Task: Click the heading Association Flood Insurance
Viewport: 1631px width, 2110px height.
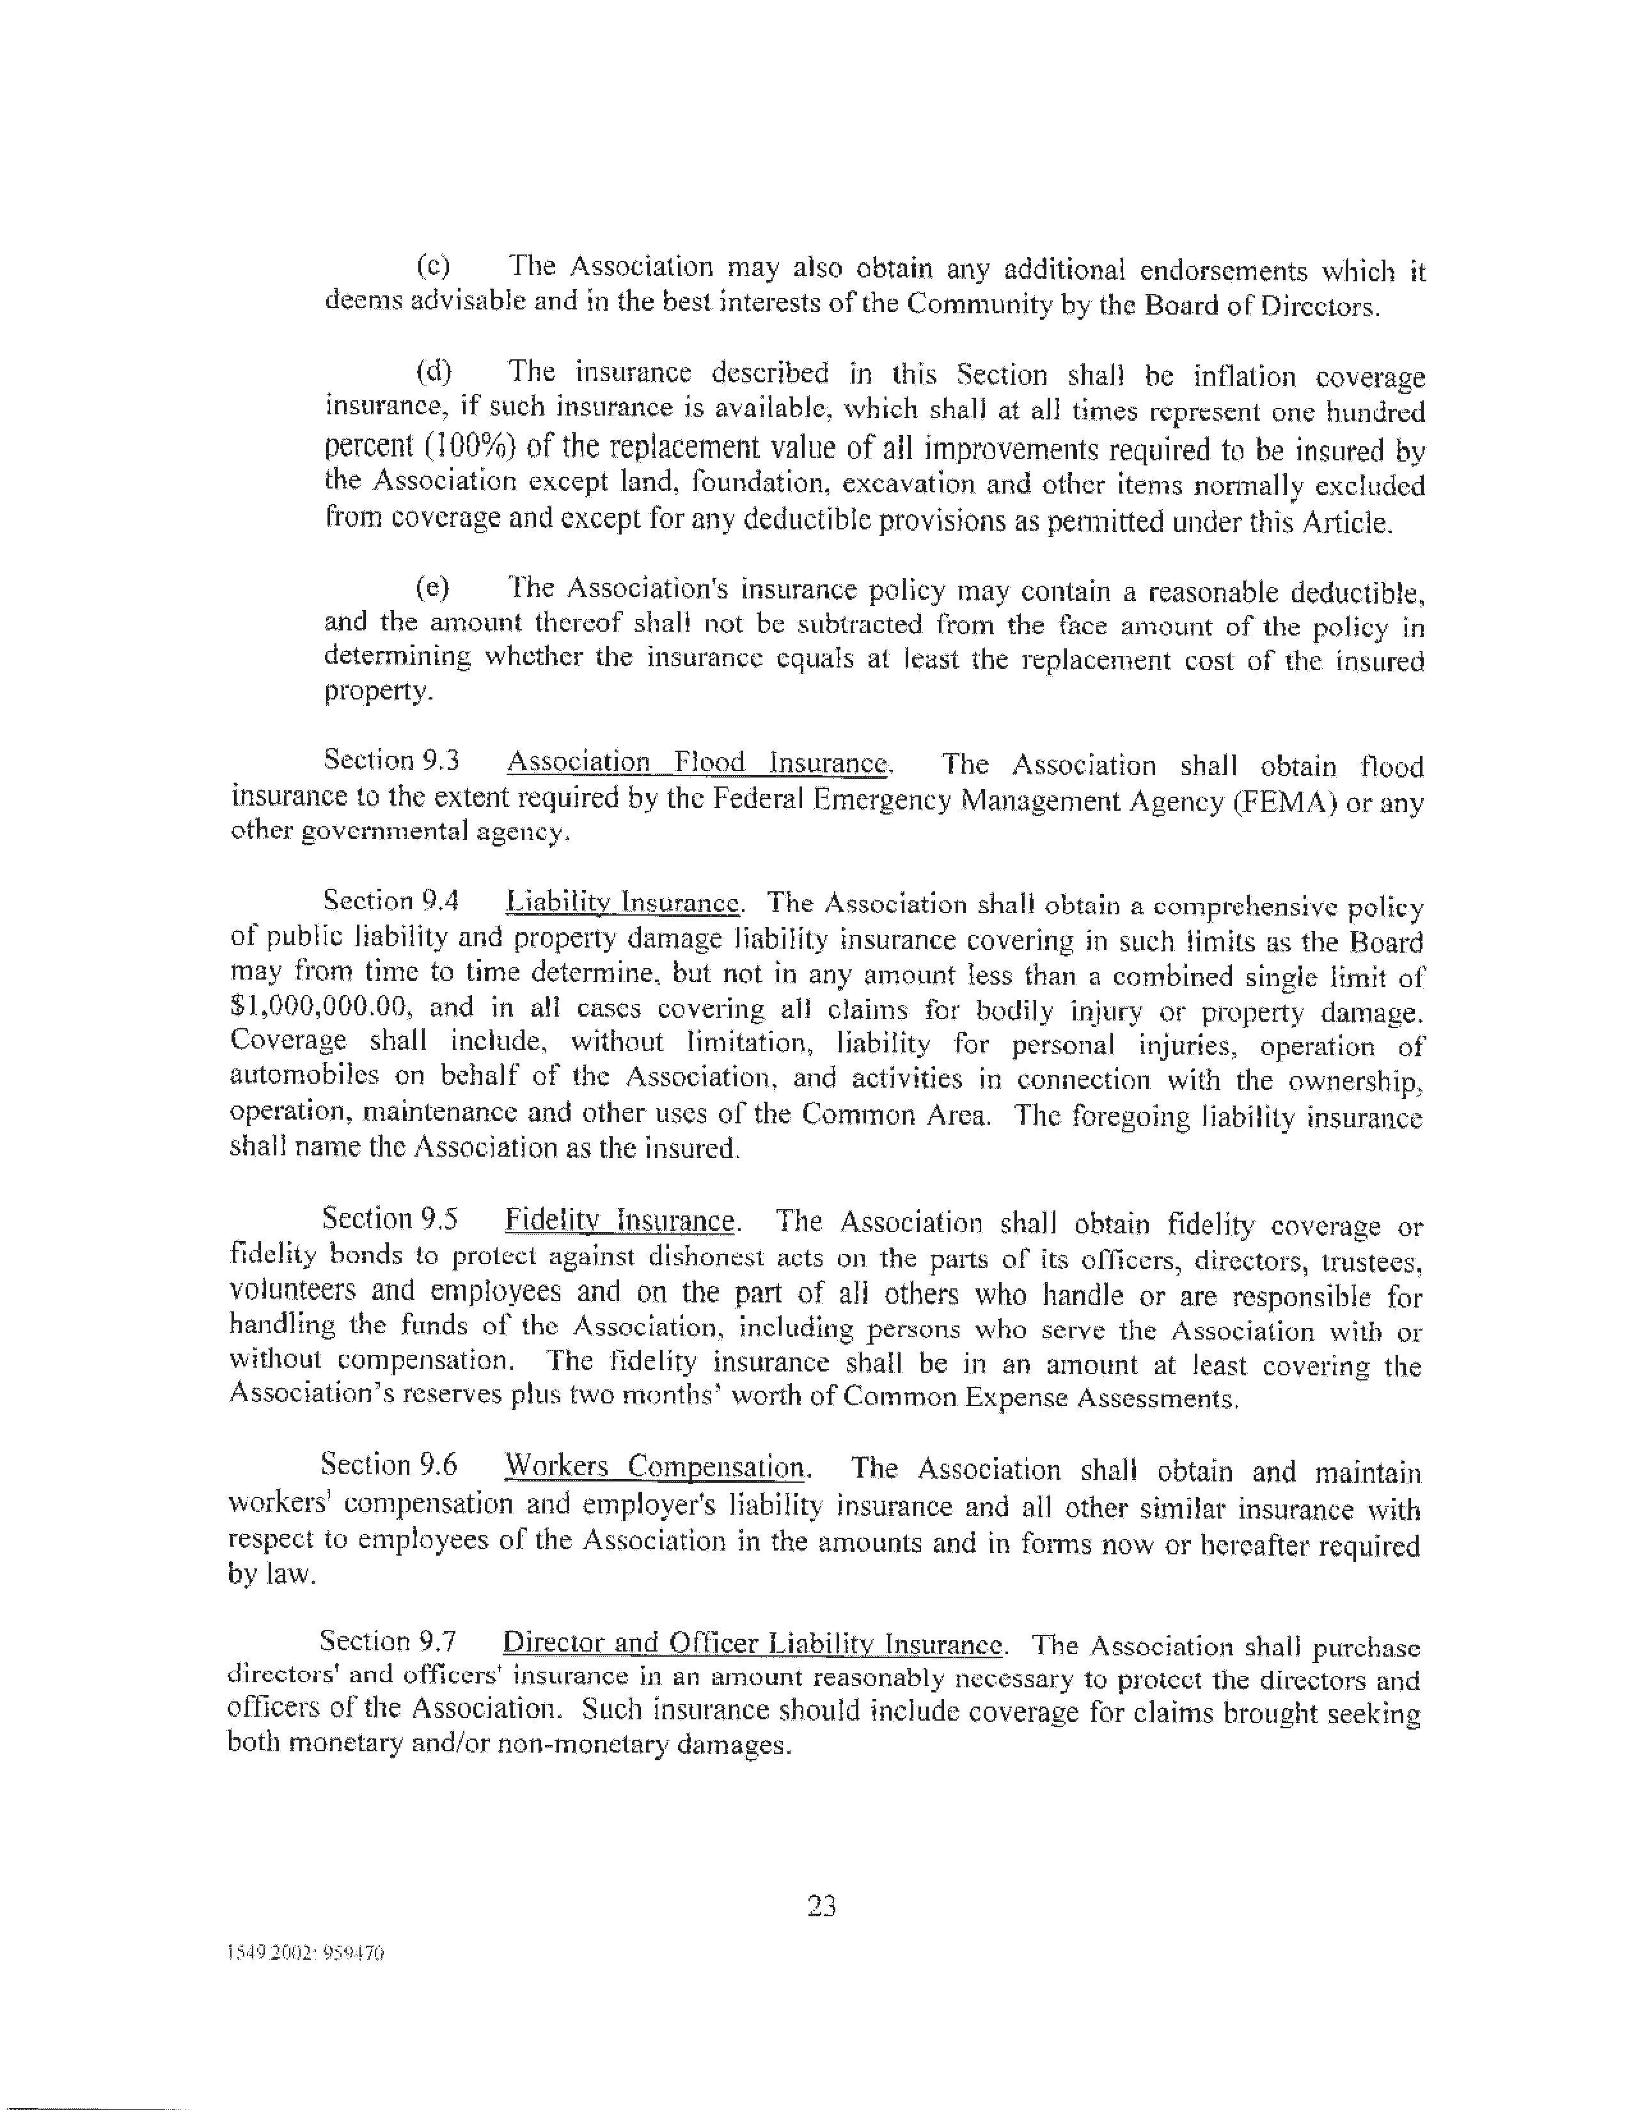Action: click(697, 763)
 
